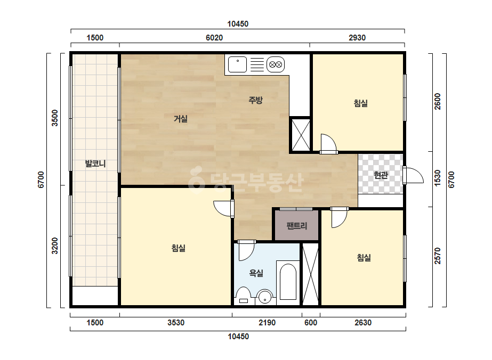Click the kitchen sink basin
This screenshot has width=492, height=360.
[x=237, y=64]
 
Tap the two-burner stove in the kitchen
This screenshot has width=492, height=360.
[x=276, y=64]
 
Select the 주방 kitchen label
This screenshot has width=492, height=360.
[x=255, y=100]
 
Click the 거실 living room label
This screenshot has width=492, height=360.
[x=181, y=119]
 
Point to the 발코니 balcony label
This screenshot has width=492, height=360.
[x=95, y=163]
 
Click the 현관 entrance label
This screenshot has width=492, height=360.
[x=381, y=175]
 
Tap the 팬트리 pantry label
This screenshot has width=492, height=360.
[x=297, y=226]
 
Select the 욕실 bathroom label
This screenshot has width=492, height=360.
[x=256, y=273]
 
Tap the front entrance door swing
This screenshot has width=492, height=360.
[x=414, y=175]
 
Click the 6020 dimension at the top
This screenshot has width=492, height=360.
[x=214, y=38]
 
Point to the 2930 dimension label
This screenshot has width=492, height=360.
[x=357, y=38]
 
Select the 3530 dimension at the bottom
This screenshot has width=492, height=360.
[x=176, y=322]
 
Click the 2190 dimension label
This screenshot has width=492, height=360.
[x=267, y=322]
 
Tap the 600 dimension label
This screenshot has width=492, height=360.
[x=311, y=322]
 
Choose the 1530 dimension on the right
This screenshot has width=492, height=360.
[x=438, y=178]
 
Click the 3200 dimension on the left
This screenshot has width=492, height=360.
[x=54, y=246]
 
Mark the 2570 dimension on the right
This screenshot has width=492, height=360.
[x=438, y=256]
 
